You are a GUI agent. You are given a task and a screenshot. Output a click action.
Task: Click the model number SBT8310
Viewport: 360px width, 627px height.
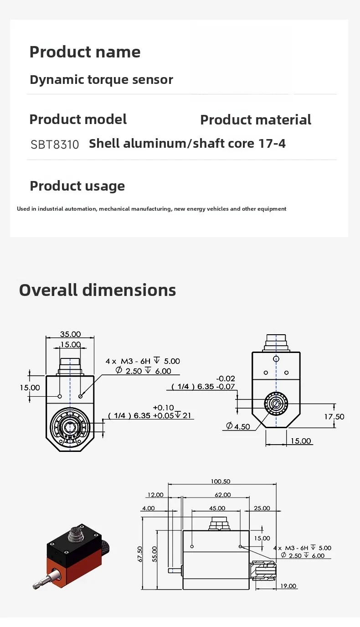point(55,145)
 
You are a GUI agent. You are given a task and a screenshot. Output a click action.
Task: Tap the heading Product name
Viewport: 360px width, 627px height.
point(85,52)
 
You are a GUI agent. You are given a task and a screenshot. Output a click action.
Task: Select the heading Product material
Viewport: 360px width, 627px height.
point(256,120)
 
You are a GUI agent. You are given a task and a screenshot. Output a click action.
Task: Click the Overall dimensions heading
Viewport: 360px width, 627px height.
point(98,290)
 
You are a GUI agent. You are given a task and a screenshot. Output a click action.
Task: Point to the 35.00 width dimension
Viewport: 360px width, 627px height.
point(70,334)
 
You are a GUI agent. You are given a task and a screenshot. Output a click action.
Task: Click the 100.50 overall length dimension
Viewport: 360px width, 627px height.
point(221,481)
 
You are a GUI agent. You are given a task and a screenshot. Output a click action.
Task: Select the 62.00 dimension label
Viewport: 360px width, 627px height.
point(223,495)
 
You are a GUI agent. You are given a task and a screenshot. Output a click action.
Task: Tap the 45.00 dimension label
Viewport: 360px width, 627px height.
point(217,508)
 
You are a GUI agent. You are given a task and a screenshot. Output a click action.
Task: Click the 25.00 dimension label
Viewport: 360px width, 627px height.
point(262,508)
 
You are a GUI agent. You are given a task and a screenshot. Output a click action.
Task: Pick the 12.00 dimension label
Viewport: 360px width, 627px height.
point(155,495)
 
